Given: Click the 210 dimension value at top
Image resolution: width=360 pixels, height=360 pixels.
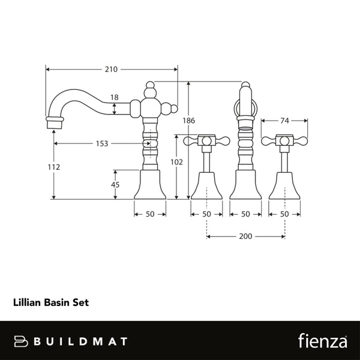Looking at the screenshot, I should pyautogui.click(x=111, y=69).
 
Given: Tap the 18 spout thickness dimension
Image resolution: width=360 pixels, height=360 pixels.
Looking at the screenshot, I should pyautogui.click(x=114, y=97).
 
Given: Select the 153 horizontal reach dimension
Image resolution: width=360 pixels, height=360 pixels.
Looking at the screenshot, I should pyautogui.click(x=101, y=143).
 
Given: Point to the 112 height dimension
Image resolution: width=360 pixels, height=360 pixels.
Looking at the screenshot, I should pyautogui.click(x=54, y=167).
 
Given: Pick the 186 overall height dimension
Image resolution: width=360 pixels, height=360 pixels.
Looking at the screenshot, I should pyautogui.click(x=189, y=121).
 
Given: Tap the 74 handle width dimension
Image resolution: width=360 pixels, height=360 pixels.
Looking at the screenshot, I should pyautogui.click(x=284, y=121).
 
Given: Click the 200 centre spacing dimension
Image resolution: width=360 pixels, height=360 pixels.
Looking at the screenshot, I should pyautogui.click(x=245, y=236).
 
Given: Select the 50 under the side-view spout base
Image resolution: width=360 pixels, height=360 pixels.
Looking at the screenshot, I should pyautogui.click(x=149, y=214).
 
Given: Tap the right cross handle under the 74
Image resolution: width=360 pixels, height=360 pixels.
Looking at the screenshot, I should pyautogui.click(x=284, y=142).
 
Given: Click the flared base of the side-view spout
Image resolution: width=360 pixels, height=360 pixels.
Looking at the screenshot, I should pyautogui.click(x=149, y=184).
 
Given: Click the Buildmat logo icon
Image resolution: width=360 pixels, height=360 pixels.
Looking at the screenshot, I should pyautogui.click(x=22, y=341).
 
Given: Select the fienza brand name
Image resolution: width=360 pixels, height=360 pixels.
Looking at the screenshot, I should pyautogui.click(x=322, y=341).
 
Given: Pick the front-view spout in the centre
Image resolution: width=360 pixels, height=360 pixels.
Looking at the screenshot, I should pyautogui.click(x=245, y=144).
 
